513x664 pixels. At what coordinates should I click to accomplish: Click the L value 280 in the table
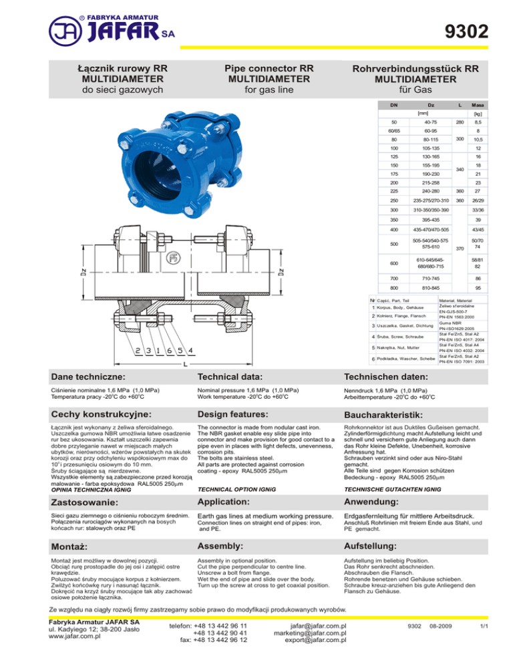coord(457,123)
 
